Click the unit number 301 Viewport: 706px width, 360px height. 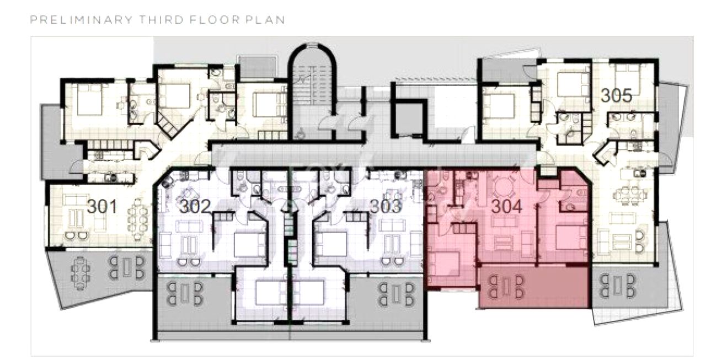102,207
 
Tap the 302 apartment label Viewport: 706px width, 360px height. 195,207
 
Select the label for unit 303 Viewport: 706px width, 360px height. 386,207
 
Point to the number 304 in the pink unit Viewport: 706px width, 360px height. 507,207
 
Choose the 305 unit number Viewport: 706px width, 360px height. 617,95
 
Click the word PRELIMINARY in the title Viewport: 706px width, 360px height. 81,20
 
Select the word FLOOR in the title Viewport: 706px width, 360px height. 215,20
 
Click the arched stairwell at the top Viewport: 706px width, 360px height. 312,92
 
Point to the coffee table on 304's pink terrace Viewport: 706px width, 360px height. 506,286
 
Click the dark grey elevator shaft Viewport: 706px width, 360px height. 409,119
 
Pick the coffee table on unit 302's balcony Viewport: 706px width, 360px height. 185,293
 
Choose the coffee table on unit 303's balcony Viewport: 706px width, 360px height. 396,293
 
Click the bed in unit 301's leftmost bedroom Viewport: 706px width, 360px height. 90,99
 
